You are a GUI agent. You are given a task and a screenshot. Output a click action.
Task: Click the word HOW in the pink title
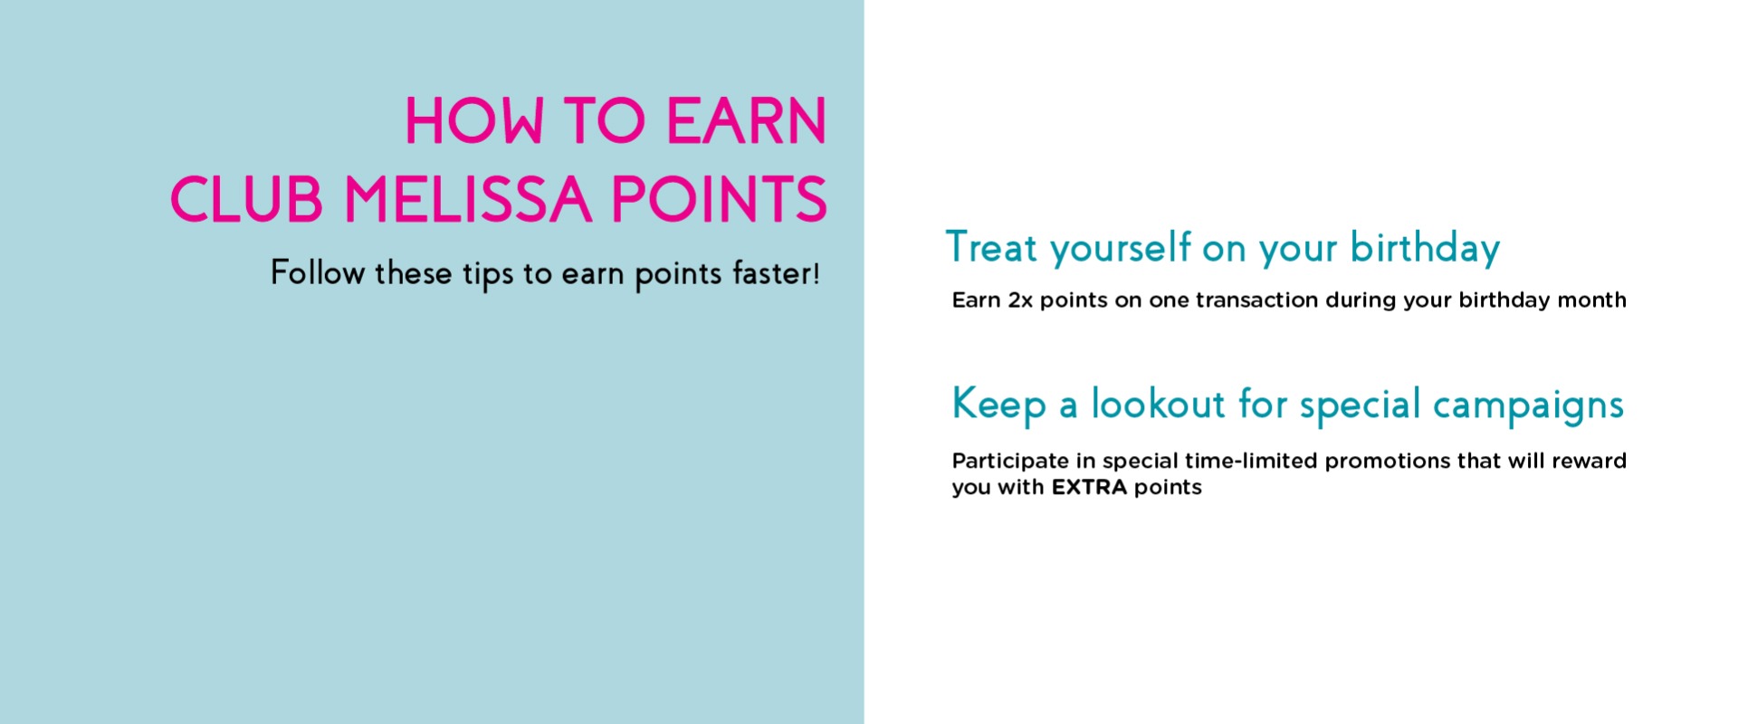473,121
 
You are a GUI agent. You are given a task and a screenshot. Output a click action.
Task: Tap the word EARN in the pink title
747,121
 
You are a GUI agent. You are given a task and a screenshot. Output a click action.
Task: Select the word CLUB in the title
246,199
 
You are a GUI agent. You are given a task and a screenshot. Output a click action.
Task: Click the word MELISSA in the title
468,199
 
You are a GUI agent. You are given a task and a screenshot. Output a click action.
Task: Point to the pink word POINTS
720,199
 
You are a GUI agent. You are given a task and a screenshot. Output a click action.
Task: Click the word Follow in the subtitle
318,272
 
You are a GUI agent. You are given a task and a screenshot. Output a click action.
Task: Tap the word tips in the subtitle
488,275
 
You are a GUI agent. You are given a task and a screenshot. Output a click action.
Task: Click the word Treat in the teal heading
991,247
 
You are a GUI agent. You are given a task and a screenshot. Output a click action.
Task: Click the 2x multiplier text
1020,300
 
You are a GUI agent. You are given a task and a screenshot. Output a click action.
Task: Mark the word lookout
1158,404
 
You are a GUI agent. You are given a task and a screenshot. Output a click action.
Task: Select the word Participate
1010,462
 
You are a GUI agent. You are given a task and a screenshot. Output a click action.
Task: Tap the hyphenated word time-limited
1251,461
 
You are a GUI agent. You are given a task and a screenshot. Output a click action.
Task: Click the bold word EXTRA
1089,488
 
